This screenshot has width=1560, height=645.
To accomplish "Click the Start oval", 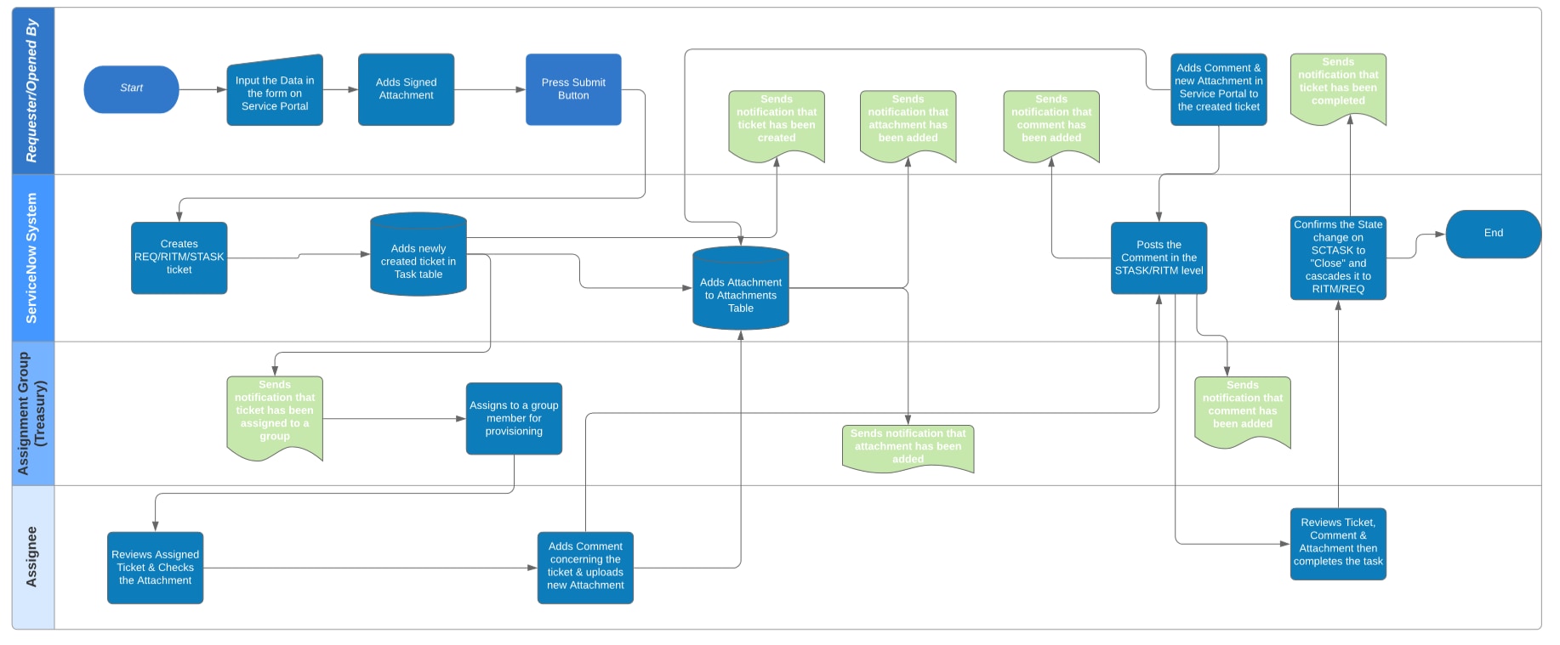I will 131,88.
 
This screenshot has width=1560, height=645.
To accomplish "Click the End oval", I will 1493,234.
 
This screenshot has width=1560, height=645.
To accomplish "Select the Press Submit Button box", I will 573,89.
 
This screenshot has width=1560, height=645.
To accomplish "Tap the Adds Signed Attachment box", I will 406,89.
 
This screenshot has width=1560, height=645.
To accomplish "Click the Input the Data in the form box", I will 275,92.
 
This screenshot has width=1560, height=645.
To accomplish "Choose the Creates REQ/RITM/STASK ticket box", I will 179,257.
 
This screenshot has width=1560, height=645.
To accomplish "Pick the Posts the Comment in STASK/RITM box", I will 1159,257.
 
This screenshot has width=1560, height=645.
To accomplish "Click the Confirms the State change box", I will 1338,257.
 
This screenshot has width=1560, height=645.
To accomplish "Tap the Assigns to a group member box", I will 514,418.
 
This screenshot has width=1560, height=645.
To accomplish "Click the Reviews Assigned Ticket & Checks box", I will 155,568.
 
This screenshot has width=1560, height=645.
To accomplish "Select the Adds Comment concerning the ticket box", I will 585,568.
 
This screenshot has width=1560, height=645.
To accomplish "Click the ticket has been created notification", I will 776,121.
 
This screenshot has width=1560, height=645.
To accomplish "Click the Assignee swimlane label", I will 32,557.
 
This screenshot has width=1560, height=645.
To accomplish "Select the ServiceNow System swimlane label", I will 32,257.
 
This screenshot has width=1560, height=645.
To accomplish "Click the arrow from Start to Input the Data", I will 202,89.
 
